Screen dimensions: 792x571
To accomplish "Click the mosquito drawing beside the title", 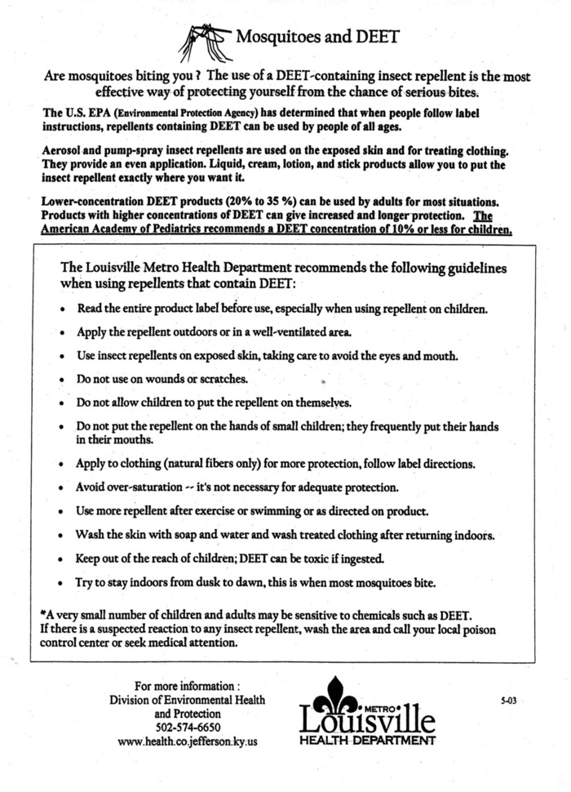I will coord(204,41).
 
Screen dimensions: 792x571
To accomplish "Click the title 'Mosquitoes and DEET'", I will coord(317,37).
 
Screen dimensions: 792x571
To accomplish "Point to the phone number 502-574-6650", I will coord(187,727).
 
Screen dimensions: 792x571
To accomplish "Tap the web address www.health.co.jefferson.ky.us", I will coord(187,741).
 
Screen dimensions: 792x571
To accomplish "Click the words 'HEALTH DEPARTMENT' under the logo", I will coord(366,741).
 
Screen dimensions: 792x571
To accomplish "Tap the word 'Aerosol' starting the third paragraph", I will coord(62,152).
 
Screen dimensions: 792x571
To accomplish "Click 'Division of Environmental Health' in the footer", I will coord(187,700).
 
